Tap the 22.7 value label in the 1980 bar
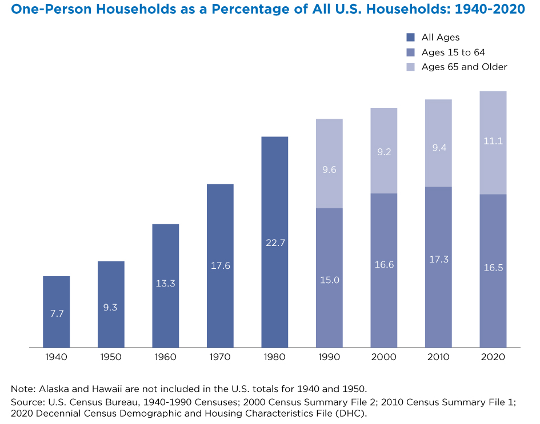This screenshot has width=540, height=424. tap(275, 243)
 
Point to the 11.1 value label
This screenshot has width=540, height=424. tap(493, 142)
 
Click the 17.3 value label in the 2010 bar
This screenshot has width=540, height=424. tap(438, 259)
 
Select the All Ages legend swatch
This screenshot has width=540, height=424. tap(410, 38)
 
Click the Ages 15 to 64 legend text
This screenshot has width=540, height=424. tap(453, 53)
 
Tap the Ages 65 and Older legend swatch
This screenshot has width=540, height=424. tap(410, 67)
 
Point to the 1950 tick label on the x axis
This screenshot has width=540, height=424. tap(111, 358)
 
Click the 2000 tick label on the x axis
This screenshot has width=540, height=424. tap(384, 358)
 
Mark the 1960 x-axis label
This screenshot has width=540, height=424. tap(166, 358)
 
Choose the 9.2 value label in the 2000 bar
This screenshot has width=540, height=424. tap(384, 152)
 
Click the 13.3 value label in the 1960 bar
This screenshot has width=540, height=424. tap(166, 283)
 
